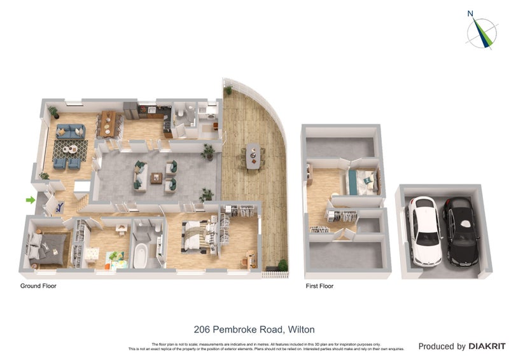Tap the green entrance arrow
30,200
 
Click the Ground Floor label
38,286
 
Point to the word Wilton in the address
301,329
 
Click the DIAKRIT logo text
488,347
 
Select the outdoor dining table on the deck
253,156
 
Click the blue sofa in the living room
70,132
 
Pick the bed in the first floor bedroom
361,182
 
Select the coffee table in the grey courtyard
157,177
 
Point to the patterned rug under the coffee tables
70,151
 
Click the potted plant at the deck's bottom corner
282,265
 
